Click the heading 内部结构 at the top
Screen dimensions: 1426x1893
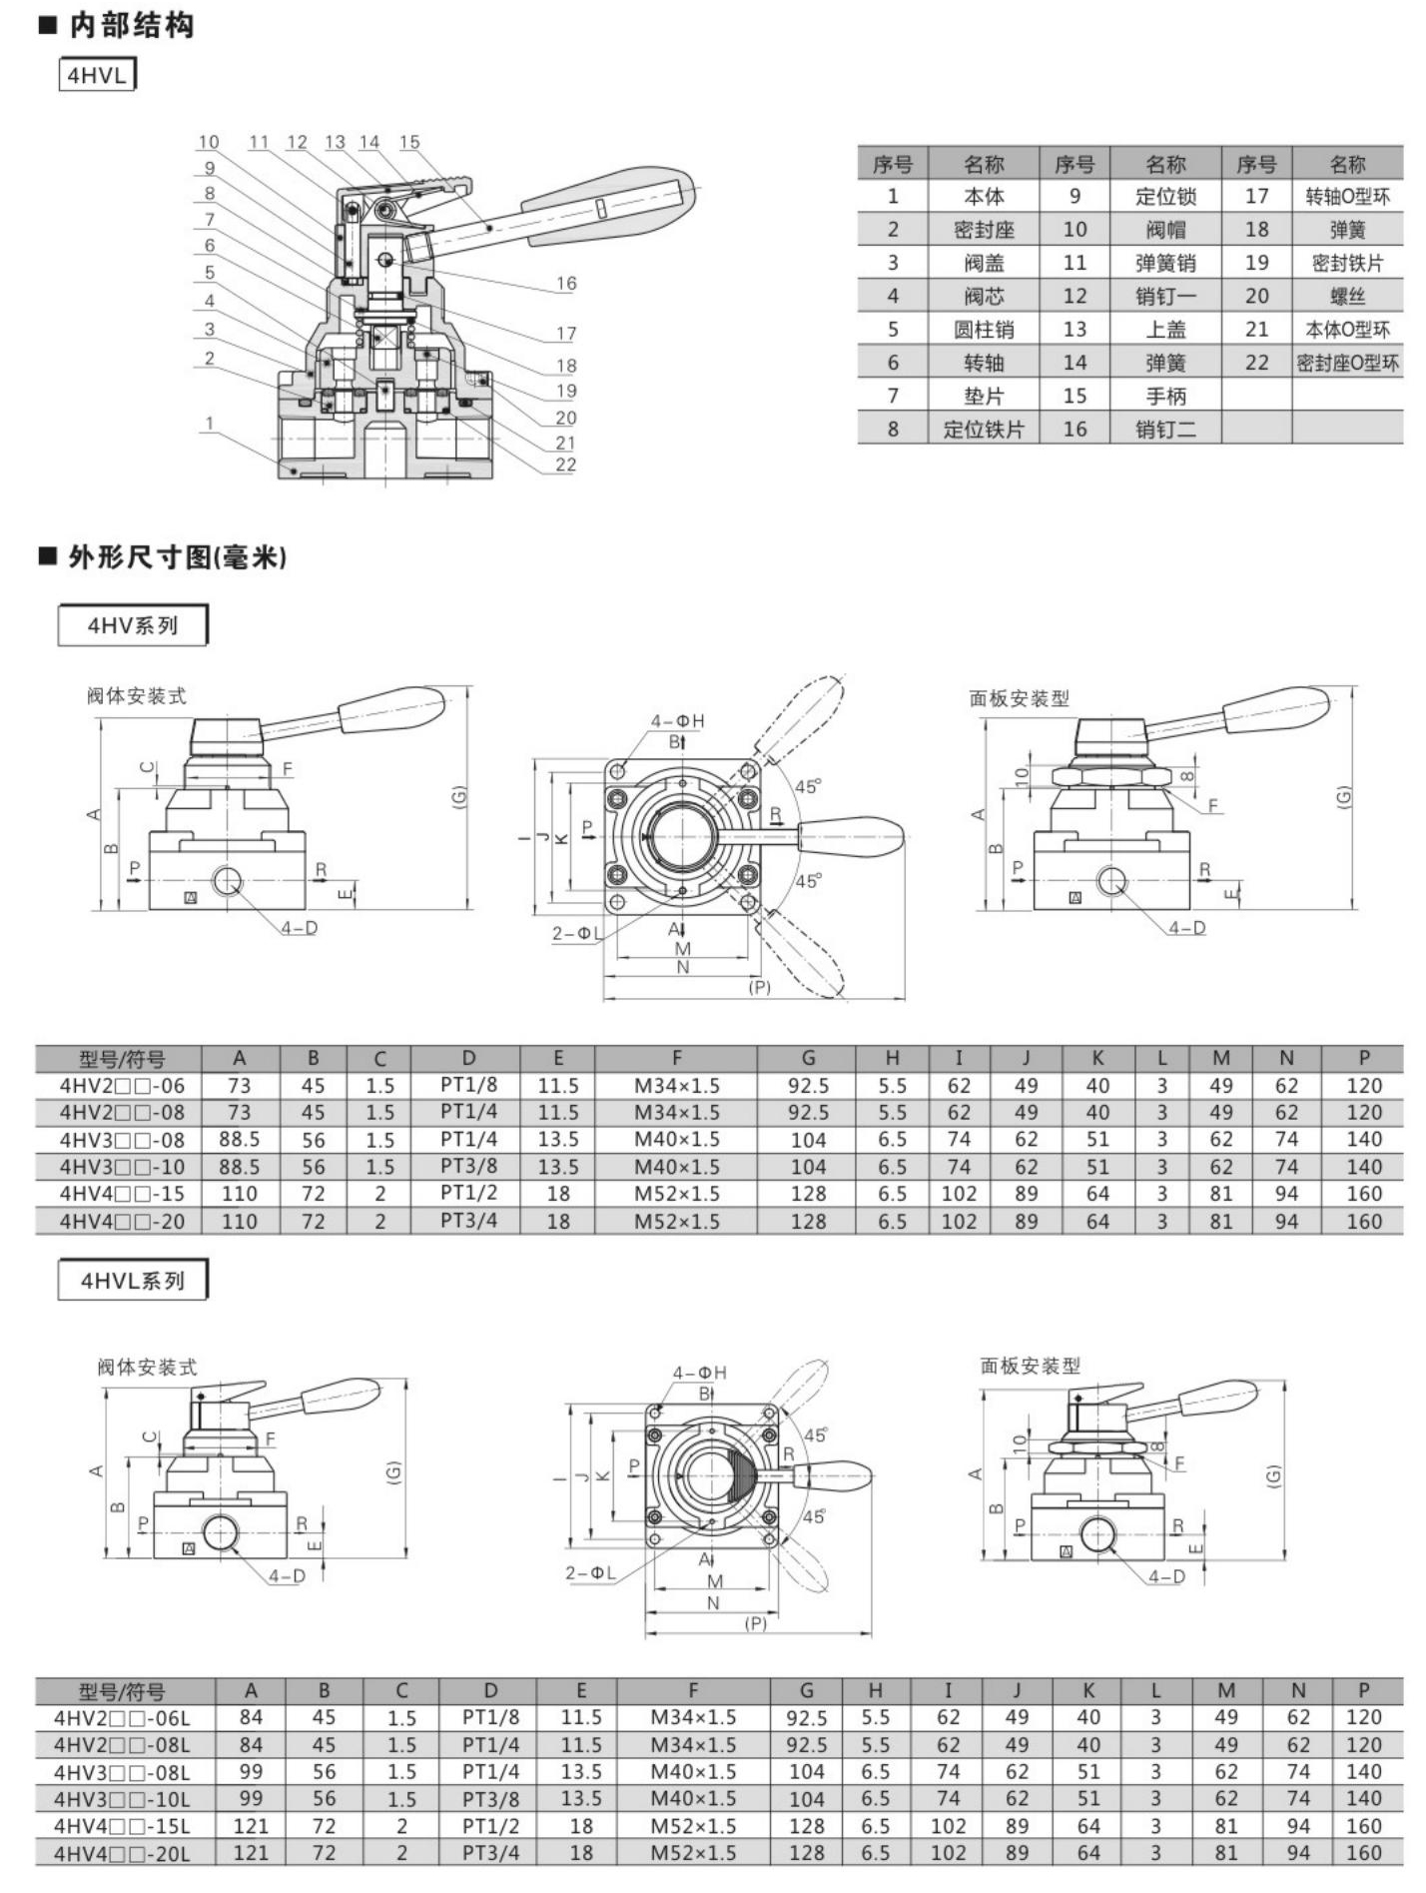(131, 25)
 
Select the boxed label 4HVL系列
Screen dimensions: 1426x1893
(133, 1281)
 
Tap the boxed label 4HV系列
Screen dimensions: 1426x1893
(133, 625)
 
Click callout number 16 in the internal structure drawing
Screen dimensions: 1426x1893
(566, 283)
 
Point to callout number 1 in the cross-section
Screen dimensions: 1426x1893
(209, 424)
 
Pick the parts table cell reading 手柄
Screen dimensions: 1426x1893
(1165, 396)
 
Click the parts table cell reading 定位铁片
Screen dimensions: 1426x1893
(984, 430)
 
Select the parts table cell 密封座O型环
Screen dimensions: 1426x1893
(1347, 363)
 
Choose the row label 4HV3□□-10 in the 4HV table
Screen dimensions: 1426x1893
(122, 1167)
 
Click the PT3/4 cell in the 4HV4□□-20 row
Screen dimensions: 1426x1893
(468, 1221)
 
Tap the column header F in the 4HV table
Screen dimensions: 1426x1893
(676, 1058)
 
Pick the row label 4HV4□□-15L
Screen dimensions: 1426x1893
(121, 1826)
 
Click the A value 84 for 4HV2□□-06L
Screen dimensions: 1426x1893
(251, 1717)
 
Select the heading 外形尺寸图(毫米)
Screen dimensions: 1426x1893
(177, 556)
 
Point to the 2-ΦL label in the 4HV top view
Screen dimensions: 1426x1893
(577, 934)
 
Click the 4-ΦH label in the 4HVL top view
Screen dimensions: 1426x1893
(699, 1374)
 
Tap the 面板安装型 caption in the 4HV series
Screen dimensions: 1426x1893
(1019, 698)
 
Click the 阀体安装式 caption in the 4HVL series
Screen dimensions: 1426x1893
(147, 1367)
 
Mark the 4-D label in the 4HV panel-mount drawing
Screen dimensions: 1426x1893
(1187, 928)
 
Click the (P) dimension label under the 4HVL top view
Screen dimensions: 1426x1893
(756, 1624)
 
